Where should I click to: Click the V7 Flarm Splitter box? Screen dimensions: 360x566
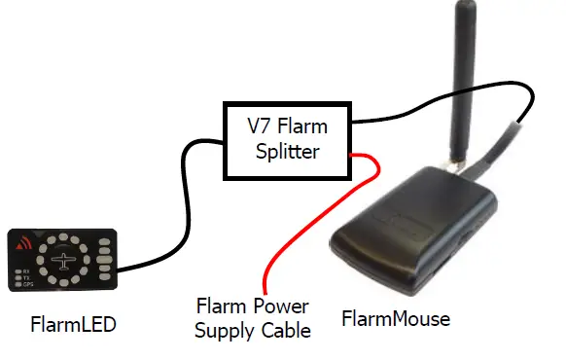tap(288, 140)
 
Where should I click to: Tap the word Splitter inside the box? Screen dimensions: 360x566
tap(289, 153)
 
